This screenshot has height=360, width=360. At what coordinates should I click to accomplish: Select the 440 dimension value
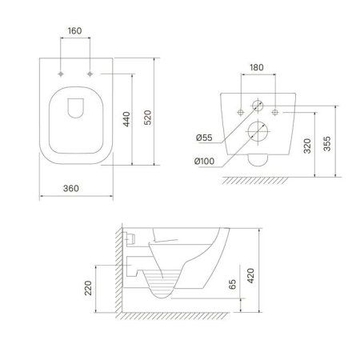click(126, 120)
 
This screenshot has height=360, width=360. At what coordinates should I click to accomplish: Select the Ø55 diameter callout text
click(205, 138)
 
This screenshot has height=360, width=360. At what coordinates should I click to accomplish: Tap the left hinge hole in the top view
click(62, 74)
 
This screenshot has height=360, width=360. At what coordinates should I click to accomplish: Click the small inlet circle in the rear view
click(258, 105)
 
